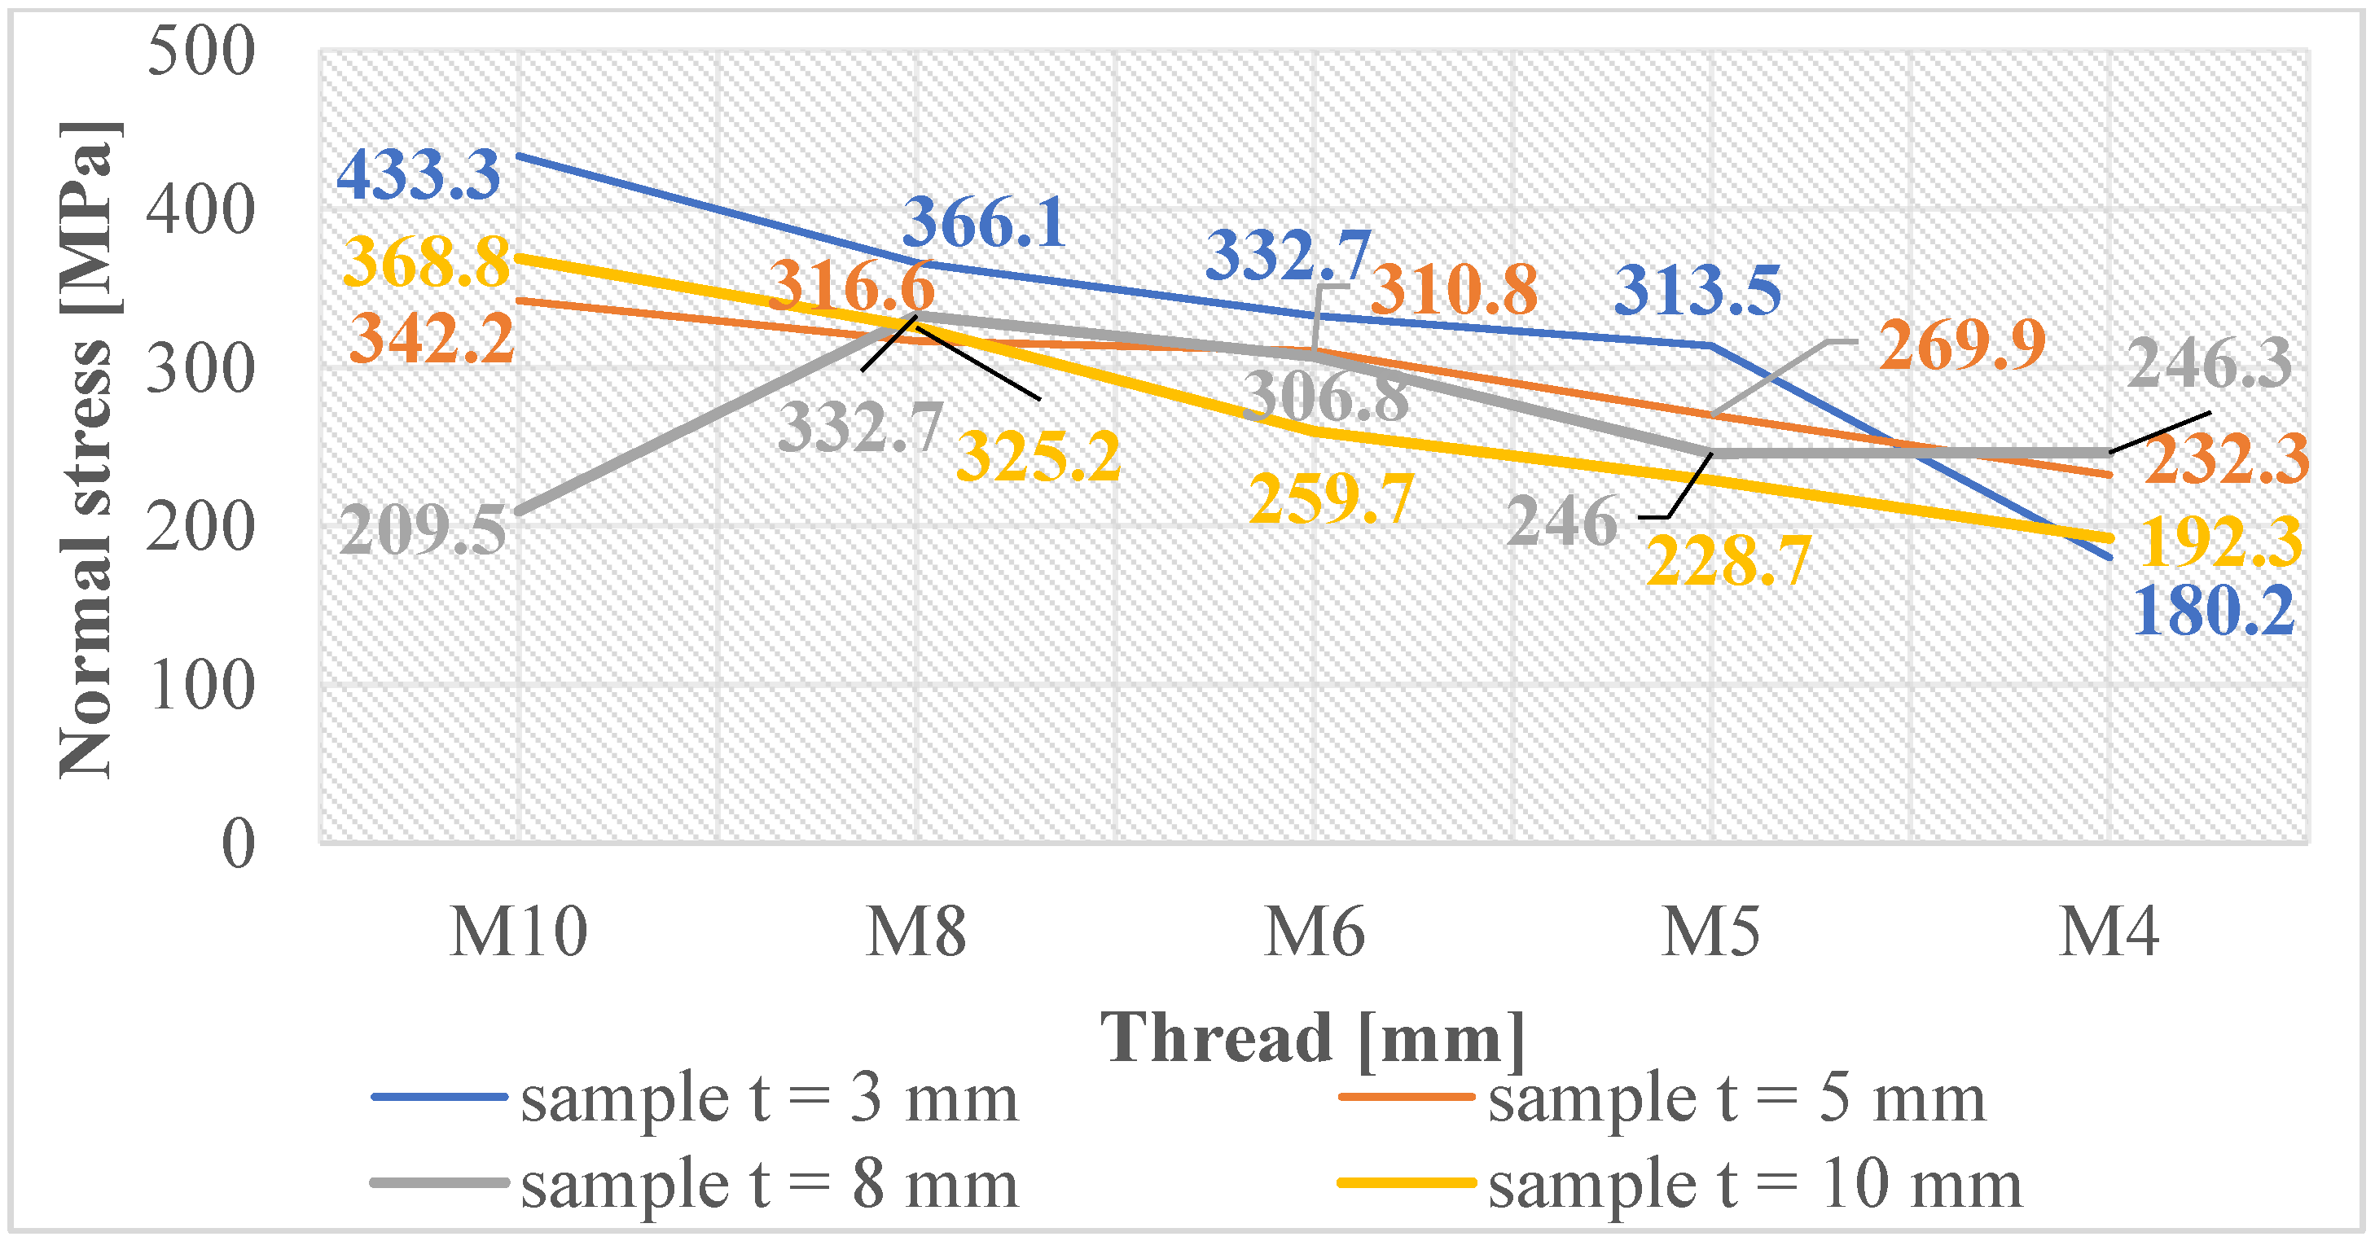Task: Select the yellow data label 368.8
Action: (426, 262)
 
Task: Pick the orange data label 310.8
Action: (1454, 290)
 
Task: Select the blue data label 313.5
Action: (1698, 291)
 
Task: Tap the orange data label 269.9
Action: (1963, 344)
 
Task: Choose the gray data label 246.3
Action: (2209, 362)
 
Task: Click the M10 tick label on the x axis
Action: (518, 932)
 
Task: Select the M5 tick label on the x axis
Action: (1711, 932)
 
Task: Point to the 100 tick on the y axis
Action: (201, 686)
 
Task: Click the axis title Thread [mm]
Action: (1313, 1037)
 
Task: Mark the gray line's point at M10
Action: (519, 513)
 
